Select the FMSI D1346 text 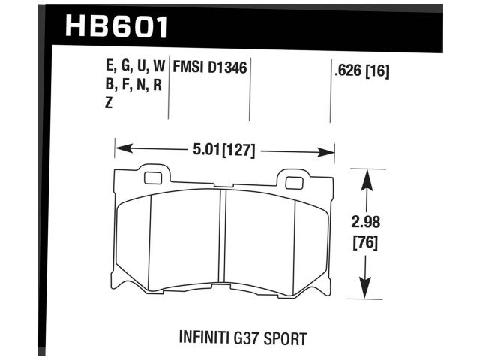[x=210, y=67]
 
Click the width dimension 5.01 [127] [x=223, y=151]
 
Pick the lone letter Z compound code [x=109, y=103]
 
